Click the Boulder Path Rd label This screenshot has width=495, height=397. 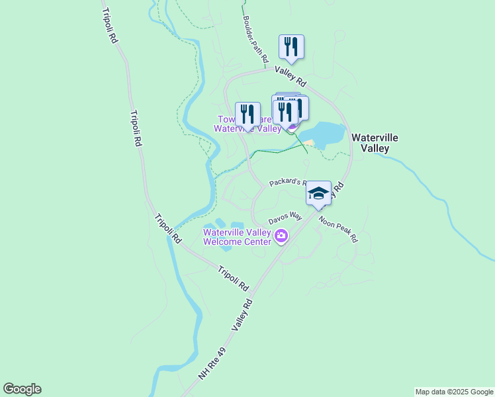click(255, 39)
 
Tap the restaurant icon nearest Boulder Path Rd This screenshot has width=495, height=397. click(291, 47)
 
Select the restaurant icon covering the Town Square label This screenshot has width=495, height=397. click(247, 114)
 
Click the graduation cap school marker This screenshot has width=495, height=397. click(318, 193)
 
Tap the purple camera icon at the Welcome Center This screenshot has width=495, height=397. click(281, 236)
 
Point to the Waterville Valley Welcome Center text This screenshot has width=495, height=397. click(237, 237)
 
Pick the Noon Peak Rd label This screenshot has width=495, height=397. click(337, 229)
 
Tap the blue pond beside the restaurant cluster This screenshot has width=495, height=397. click(324, 134)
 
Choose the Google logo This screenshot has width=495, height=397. click(22, 389)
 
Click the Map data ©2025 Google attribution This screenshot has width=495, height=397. click(454, 392)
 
